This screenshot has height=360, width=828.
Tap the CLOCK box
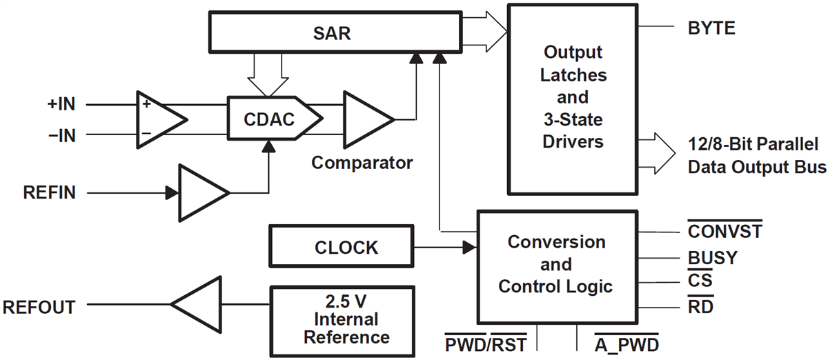click(x=341, y=247)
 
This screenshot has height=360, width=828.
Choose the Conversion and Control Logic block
click(x=556, y=265)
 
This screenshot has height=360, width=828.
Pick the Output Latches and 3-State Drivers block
click(x=572, y=97)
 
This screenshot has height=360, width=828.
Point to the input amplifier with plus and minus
click(x=159, y=119)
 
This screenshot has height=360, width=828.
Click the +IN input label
click(x=61, y=105)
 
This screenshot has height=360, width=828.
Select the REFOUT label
click(x=39, y=306)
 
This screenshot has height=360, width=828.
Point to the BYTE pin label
click(x=711, y=28)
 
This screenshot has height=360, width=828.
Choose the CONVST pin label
click(x=724, y=230)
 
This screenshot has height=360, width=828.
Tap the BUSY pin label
click(x=712, y=258)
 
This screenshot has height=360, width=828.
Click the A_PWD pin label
click(x=627, y=343)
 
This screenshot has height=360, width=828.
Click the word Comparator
click(x=362, y=163)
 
